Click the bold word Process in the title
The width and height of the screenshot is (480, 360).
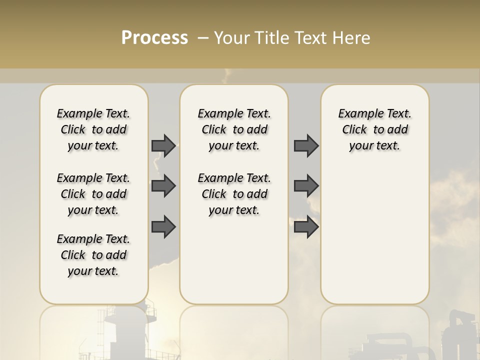154,38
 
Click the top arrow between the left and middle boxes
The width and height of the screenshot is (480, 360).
163,145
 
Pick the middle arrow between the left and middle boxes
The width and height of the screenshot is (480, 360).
163,186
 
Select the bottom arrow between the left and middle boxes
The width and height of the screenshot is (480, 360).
163,227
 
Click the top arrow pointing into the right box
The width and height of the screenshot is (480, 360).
306,145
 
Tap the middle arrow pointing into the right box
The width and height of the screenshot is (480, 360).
306,186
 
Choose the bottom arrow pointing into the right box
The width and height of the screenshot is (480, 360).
306,227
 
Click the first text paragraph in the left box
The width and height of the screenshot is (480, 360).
93,129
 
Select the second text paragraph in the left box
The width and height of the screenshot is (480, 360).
93,194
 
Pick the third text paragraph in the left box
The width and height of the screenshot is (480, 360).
93,255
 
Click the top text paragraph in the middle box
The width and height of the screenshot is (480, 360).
234,129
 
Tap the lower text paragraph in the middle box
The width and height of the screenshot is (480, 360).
234,194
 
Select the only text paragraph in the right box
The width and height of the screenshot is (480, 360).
374,129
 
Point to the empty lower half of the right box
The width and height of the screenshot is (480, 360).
374,240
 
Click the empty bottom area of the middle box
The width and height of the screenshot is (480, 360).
234,265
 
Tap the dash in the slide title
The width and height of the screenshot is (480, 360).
202,38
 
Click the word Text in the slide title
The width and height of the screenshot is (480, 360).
310,38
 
